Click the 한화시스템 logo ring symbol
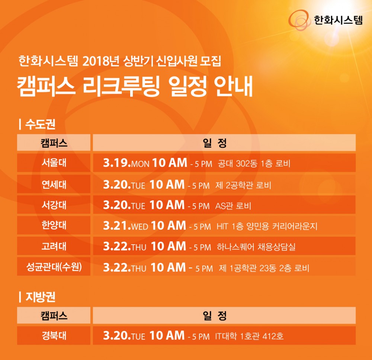[x=299, y=20]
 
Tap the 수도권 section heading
[x=40, y=124]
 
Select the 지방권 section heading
[x=40, y=297]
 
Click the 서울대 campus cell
[x=54, y=163]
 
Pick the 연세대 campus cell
[x=54, y=184]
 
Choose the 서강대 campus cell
[x=54, y=205]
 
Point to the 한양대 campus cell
[x=54, y=225]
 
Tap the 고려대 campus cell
[x=54, y=246]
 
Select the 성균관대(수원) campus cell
[x=54, y=267]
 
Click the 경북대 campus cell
[x=54, y=335]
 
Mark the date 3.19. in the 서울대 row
[x=117, y=163]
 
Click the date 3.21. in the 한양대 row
[x=117, y=226]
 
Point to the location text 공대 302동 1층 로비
[x=254, y=163]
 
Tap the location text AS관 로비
[x=233, y=206]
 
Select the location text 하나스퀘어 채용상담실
[x=256, y=247]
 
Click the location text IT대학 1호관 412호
[x=249, y=336]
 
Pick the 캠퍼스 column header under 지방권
[x=54, y=316]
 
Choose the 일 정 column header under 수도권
[x=215, y=143]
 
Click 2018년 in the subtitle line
[x=101, y=61]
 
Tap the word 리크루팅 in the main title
[x=121, y=86]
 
